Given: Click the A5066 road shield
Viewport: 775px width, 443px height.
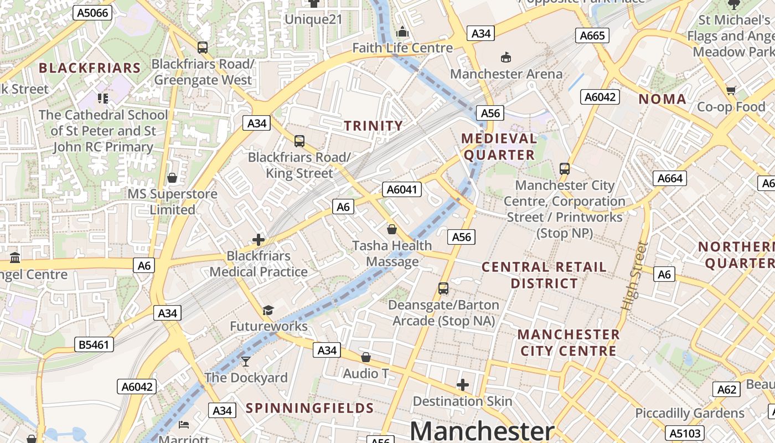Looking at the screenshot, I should coord(92,13).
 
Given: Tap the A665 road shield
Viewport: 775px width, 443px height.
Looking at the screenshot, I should coord(592,36).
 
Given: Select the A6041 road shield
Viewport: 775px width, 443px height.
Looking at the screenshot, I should coord(402,189).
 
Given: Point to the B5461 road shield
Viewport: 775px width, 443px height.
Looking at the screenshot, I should coord(94,345).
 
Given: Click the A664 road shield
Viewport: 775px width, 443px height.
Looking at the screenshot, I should coord(670,178).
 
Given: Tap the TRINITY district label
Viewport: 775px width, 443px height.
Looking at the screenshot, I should coord(374,126).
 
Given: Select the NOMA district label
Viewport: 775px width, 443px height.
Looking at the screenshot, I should coord(663,99).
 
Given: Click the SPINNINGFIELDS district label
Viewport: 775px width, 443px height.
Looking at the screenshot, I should coord(310,409).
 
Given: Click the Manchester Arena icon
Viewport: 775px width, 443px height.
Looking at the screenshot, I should coord(505,57).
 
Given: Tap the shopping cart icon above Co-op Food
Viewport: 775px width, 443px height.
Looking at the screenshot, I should coord(731,90).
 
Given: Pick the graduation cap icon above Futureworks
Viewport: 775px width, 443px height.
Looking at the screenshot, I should coord(268,310).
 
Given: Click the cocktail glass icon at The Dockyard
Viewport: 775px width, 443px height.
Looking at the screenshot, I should coord(246,362).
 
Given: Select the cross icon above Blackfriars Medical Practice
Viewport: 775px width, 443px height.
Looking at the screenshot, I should coord(258,240).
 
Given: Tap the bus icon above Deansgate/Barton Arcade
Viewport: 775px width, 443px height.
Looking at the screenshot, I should coord(443,288).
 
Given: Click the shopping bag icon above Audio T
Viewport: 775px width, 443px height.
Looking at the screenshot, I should coord(365,357).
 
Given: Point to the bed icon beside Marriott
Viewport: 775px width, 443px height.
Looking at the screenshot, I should coord(184,425).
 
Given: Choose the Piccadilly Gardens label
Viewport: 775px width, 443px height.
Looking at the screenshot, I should coord(690,413).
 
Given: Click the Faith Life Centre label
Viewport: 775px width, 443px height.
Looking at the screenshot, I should coord(402,48).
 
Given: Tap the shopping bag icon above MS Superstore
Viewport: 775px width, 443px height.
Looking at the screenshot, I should coord(172,178).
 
